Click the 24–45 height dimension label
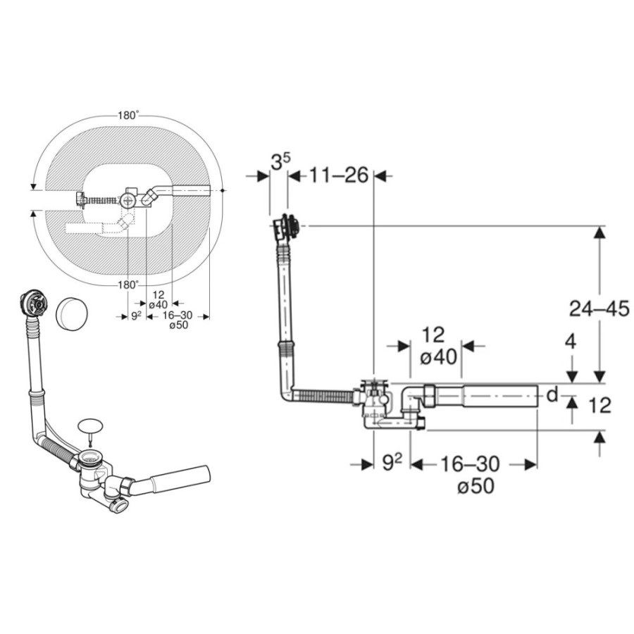599,309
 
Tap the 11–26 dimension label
340,175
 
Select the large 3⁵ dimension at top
280,163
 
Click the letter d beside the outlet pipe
552,394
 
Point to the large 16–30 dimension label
470,464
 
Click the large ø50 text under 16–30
475,486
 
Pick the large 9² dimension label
392,463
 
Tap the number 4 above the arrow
571,342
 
